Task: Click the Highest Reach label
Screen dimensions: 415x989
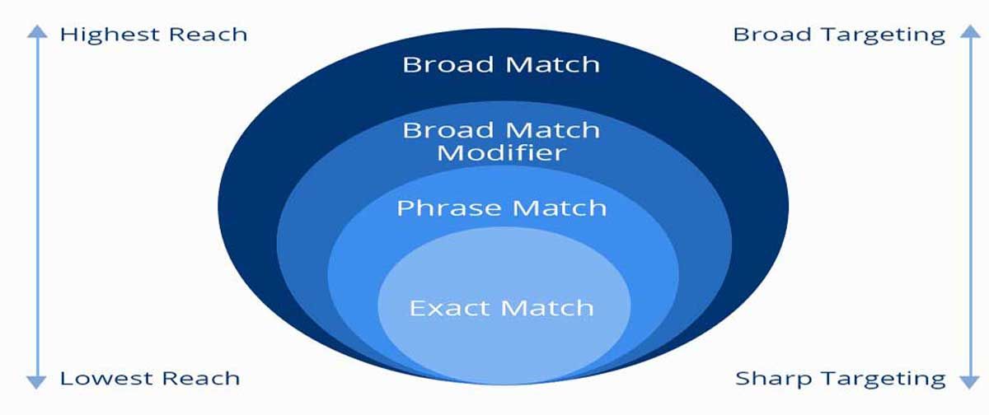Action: click(153, 35)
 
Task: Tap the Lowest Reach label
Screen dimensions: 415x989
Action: click(150, 379)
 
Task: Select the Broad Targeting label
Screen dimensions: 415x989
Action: click(839, 35)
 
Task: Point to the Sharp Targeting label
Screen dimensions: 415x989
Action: click(841, 379)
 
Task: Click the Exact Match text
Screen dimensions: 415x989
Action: click(501, 308)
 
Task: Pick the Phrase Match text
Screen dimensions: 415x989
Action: click(501, 207)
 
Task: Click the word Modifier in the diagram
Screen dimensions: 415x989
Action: click(501, 152)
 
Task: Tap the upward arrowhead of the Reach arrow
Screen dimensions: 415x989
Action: click(35, 31)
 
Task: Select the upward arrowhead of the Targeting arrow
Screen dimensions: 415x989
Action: click(966, 31)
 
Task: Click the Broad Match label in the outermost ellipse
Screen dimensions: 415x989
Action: click(501, 63)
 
